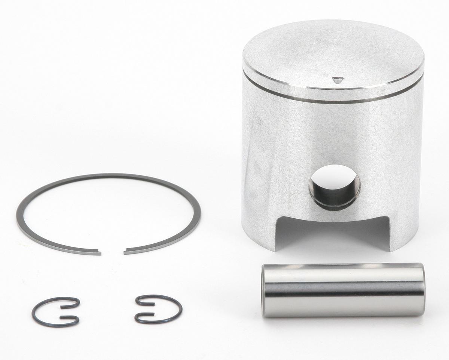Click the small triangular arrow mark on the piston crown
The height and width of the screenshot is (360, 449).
(337, 80)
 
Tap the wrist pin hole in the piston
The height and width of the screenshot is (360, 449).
(335, 186)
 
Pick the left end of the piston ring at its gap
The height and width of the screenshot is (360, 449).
(100, 253)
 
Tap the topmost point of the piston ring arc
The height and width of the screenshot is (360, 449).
(109, 175)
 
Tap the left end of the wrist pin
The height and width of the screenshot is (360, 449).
(264, 291)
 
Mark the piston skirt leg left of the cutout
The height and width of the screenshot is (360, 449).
(258, 224)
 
